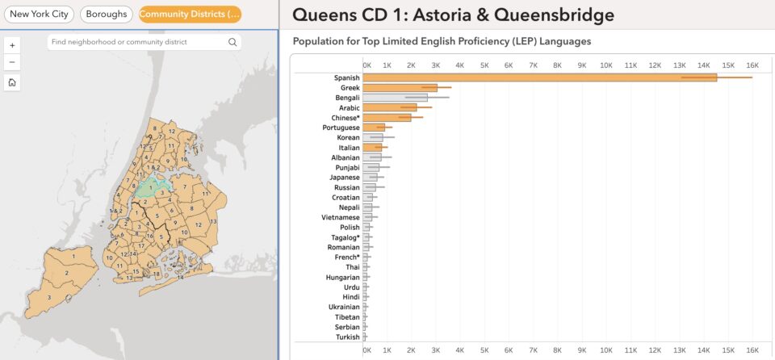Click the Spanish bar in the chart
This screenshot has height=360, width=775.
click(540, 77)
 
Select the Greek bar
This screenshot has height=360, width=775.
click(400, 87)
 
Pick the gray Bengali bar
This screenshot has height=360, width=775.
click(396, 98)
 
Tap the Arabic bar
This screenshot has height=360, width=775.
click(390, 107)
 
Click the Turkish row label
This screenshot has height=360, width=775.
click(347, 337)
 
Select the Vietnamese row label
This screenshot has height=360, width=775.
click(341, 217)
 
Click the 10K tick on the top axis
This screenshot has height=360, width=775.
click(606, 65)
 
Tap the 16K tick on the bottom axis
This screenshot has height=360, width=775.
click(752, 350)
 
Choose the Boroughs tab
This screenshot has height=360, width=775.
click(107, 15)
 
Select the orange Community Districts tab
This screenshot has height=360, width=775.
click(190, 15)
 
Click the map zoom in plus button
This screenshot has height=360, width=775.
click(12, 45)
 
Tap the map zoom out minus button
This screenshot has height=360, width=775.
click(12, 62)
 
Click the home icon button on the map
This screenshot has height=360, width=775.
click(12, 82)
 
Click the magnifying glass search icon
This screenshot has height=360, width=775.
click(232, 42)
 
